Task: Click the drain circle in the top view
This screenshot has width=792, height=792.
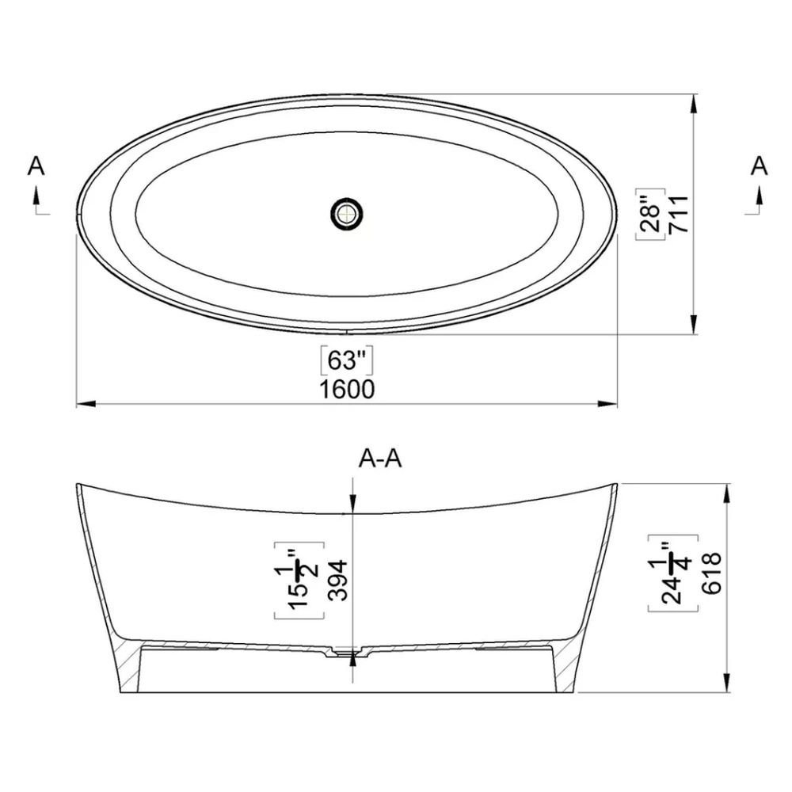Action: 347,214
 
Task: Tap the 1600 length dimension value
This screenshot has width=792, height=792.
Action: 348,390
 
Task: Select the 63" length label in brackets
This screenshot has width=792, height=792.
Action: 347,360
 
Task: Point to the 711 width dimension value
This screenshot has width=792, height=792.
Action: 679,214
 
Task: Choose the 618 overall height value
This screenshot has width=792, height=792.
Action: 711,573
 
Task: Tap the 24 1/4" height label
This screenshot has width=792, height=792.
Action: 673,573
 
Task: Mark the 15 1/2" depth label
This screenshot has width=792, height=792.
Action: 299,580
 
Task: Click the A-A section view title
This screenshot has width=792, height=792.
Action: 380,459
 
